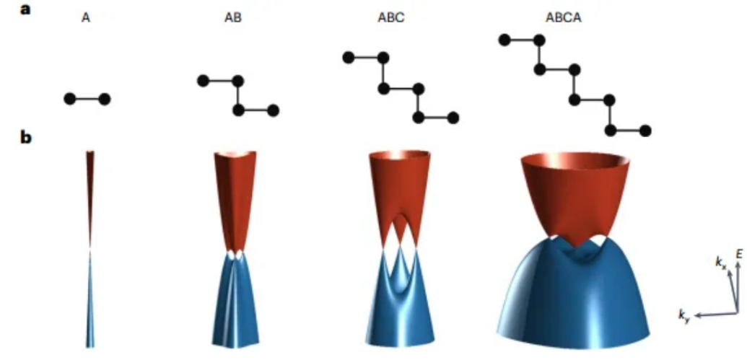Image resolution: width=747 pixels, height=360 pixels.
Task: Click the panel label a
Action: coord(25,9)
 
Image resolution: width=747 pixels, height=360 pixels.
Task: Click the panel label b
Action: coord(26,137)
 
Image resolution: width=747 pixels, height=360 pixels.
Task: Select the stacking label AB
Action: coord(232,19)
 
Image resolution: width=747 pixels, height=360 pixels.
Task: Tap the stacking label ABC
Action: coord(395,19)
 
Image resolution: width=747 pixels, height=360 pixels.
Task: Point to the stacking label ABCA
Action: coord(564,19)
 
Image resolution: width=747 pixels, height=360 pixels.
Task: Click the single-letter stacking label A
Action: coord(86,19)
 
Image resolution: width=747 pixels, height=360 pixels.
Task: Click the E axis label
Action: coord(739,255)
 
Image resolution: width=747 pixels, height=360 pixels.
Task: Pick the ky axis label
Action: coord(685,315)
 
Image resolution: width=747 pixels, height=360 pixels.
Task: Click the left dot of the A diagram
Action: coord(69,99)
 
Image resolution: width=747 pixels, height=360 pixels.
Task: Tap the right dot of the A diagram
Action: coord(105,99)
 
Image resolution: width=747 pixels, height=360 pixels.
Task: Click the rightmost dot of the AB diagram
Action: coord(273,110)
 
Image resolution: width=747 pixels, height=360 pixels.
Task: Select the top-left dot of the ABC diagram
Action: coord(349,58)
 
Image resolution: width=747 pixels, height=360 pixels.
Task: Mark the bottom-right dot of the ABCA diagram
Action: coord(645,131)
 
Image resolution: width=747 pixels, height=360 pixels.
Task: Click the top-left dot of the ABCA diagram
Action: coord(504,40)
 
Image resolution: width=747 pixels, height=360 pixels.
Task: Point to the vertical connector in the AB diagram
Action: coord(238,96)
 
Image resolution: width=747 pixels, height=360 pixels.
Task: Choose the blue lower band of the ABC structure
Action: coord(400,315)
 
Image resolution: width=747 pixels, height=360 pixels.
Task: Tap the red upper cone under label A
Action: coord(90,190)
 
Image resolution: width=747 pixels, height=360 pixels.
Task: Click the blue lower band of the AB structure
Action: coord(236,304)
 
